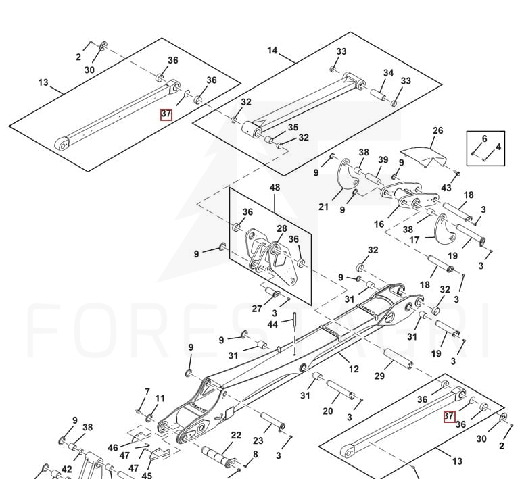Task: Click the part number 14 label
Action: [x=272, y=50]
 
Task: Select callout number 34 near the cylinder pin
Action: [x=388, y=73]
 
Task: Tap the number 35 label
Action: [x=293, y=127]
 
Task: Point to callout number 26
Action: [x=437, y=130]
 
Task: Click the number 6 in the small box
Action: [x=484, y=138]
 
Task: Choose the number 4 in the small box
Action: [x=498, y=146]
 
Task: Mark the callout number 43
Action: [x=446, y=187]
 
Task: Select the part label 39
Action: [x=383, y=160]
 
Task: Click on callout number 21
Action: [x=324, y=207]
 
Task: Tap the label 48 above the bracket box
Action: [x=275, y=186]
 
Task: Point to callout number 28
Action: [x=281, y=229]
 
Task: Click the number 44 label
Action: [x=272, y=325]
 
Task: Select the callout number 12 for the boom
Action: [x=354, y=369]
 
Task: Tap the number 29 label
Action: [x=379, y=376]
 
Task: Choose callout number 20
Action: [x=328, y=411]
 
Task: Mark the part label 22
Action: [x=236, y=436]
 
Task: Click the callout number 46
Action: [x=113, y=447]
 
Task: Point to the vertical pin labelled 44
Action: [x=295, y=330]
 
